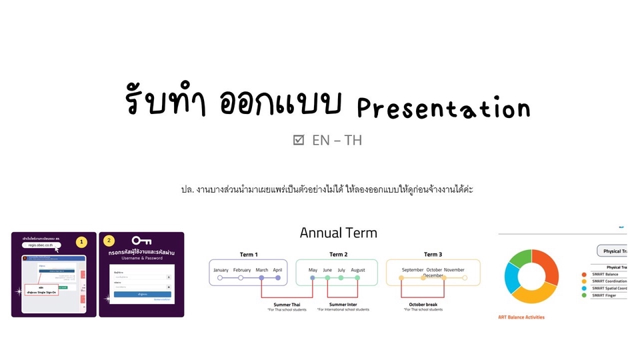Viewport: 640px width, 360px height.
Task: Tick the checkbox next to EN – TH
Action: click(x=299, y=140)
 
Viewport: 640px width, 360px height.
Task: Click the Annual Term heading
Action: click(x=338, y=233)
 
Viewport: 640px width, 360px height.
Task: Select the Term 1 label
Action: click(x=249, y=254)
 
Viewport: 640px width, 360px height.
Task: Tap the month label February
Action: click(x=242, y=270)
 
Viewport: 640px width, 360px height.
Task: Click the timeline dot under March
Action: click(x=261, y=278)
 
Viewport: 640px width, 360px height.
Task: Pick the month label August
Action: click(x=357, y=270)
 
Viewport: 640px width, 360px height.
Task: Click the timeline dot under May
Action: click(x=313, y=278)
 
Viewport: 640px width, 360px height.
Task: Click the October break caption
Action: click(x=423, y=304)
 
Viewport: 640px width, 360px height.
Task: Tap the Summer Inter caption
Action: click(x=343, y=304)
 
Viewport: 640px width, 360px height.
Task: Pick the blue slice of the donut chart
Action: click(x=512, y=279)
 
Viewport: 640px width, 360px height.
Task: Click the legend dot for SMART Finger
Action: click(x=584, y=295)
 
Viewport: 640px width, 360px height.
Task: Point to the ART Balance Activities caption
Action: click(x=521, y=317)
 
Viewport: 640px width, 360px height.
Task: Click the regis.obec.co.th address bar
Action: click(x=45, y=245)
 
